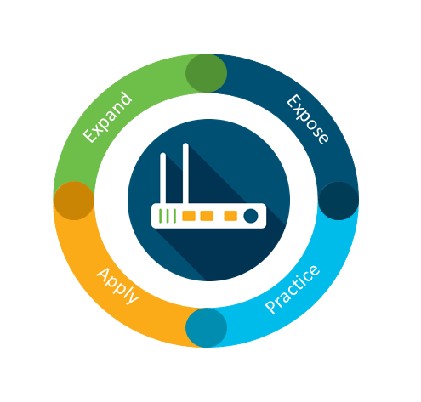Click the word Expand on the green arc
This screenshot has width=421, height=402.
[108, 117]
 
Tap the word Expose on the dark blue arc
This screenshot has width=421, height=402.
[308, 120]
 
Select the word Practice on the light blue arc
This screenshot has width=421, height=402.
[293, 289]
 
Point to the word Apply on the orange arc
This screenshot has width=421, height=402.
[117, 286]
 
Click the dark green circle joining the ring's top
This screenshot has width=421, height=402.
[206, 73]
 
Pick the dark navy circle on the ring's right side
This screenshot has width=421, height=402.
[339, 201]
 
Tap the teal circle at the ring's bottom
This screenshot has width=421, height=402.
[206, 328]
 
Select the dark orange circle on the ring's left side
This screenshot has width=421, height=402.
[74, 201]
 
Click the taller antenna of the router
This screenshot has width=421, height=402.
[185, 173]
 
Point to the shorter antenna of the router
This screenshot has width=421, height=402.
[163, 178]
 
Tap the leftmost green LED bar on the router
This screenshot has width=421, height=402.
[161, 216]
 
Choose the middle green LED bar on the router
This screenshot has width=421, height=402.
[168, 216]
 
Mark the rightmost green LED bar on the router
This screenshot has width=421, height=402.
[174, 216]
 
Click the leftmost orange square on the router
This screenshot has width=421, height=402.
[189, 216]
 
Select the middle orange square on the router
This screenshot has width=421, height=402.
[207, 216]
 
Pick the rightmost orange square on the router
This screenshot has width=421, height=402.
[230, 216]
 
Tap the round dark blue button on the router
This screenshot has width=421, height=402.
[251, 216]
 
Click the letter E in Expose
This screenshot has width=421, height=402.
[293, 102]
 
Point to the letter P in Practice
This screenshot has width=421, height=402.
[271, 306]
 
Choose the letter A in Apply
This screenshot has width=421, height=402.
[104, 275]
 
